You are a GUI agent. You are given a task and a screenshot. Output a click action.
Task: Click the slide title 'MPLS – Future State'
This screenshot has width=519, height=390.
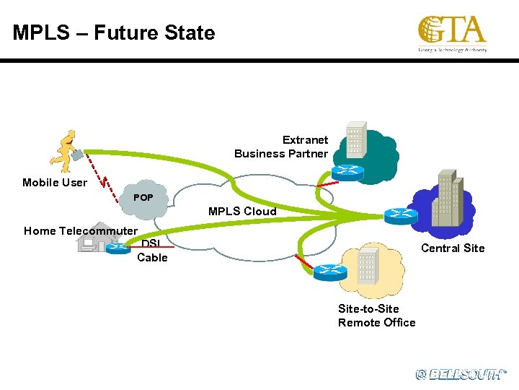114,33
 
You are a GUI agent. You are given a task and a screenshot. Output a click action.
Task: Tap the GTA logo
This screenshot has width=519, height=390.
452,34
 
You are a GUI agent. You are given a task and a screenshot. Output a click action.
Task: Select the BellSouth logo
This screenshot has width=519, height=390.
461,373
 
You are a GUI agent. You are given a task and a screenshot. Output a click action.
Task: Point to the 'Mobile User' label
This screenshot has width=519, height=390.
54,183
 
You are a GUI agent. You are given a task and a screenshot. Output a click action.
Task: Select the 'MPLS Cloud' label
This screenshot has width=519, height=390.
242,212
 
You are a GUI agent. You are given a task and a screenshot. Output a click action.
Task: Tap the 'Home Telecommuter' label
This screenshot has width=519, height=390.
80,231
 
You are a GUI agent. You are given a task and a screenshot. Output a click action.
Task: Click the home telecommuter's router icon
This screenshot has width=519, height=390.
117,248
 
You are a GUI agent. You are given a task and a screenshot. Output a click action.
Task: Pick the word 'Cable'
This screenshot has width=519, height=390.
152,258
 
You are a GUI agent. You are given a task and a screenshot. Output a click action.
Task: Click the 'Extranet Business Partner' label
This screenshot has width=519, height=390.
281,147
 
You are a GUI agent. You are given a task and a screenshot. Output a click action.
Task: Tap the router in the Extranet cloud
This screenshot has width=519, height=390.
348,171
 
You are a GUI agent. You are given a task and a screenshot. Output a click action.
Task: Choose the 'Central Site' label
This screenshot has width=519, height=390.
453,248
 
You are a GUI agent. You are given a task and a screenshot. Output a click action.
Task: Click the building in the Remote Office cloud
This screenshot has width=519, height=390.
368,265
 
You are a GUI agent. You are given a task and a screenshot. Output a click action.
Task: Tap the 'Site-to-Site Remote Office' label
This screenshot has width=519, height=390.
376,316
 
